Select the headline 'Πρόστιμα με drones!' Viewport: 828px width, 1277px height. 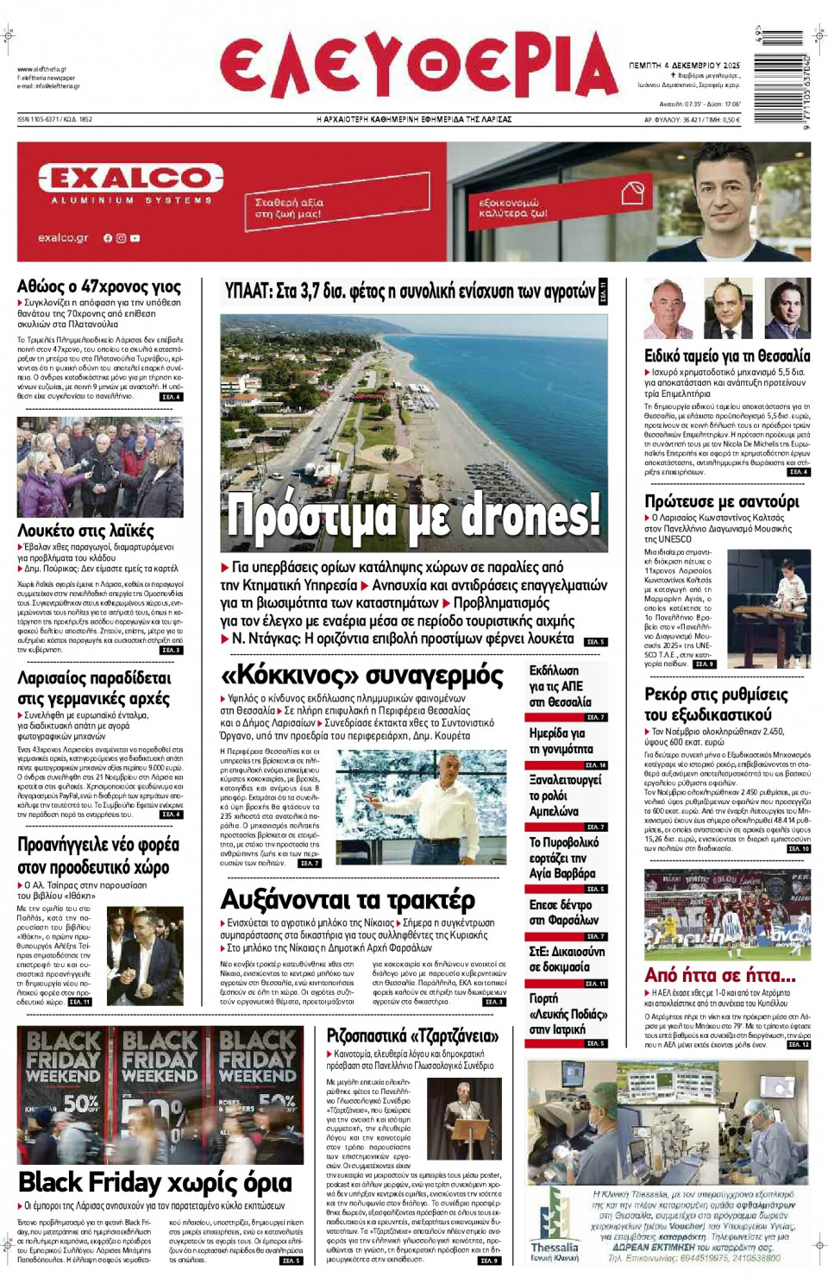412,516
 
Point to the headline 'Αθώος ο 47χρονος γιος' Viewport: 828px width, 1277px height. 99,286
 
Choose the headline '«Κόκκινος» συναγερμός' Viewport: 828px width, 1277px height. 362,674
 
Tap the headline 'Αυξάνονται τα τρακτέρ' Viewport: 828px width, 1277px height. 348,900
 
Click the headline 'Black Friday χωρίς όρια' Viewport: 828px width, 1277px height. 155,1181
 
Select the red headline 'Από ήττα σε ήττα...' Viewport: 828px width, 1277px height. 719,975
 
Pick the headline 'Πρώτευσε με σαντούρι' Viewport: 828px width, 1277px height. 722,501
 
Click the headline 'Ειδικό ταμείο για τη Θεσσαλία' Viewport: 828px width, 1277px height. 727,355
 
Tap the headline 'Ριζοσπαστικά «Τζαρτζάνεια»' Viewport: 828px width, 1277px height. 412,1035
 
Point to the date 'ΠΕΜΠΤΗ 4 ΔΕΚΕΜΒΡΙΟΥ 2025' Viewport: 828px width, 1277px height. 684,66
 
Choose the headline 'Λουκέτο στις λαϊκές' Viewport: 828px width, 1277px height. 85,531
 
